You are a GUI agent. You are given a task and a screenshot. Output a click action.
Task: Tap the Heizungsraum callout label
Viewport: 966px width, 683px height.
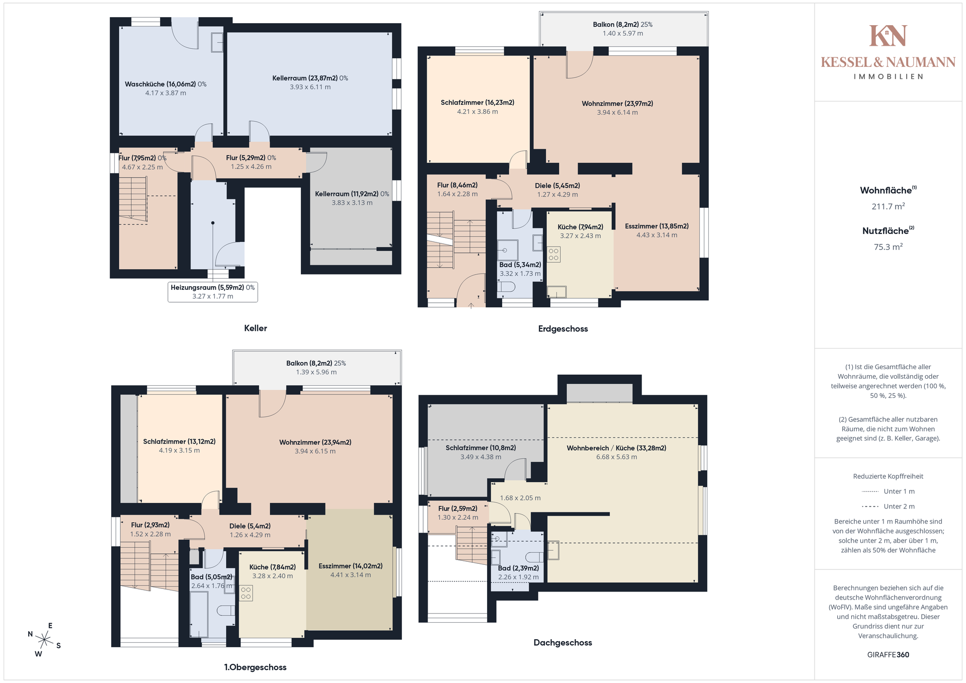point(213,292)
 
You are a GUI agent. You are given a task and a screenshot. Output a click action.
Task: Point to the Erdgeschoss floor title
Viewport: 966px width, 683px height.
point(563,329)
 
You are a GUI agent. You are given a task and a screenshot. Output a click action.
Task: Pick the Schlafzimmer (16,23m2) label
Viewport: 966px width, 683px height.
point(477,103)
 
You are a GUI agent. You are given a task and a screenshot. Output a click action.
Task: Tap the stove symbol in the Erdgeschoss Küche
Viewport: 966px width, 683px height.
point(554,254)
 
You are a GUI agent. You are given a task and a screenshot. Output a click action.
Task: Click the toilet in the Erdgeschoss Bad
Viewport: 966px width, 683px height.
point(507,287)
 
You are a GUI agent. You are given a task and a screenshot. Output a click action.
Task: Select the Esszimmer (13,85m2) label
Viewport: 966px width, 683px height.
point(657,226)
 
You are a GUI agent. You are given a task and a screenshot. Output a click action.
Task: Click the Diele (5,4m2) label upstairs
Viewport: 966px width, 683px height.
point(250,526)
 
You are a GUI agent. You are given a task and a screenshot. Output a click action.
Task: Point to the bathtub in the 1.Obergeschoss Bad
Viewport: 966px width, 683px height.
point(199,615)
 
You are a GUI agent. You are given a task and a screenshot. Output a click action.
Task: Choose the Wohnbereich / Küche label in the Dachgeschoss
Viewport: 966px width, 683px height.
point(616,448)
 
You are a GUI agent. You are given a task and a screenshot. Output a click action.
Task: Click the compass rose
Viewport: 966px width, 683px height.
point(45,640)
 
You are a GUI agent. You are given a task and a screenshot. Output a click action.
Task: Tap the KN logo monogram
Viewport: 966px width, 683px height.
point(888,36)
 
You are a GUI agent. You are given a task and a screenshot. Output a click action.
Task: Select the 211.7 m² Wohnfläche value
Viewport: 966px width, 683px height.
point(888,206)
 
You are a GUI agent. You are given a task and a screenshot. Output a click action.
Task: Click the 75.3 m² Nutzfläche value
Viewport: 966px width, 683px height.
point(888,247)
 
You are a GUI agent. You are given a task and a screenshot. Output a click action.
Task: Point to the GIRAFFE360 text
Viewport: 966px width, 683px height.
point(888,655)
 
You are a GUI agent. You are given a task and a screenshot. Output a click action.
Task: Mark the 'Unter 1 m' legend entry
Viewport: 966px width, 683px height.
point(888,491)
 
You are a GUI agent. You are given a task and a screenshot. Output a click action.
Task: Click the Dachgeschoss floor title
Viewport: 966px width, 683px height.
point(562,643)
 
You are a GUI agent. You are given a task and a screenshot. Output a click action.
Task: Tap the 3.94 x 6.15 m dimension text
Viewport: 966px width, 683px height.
point(315,451)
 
